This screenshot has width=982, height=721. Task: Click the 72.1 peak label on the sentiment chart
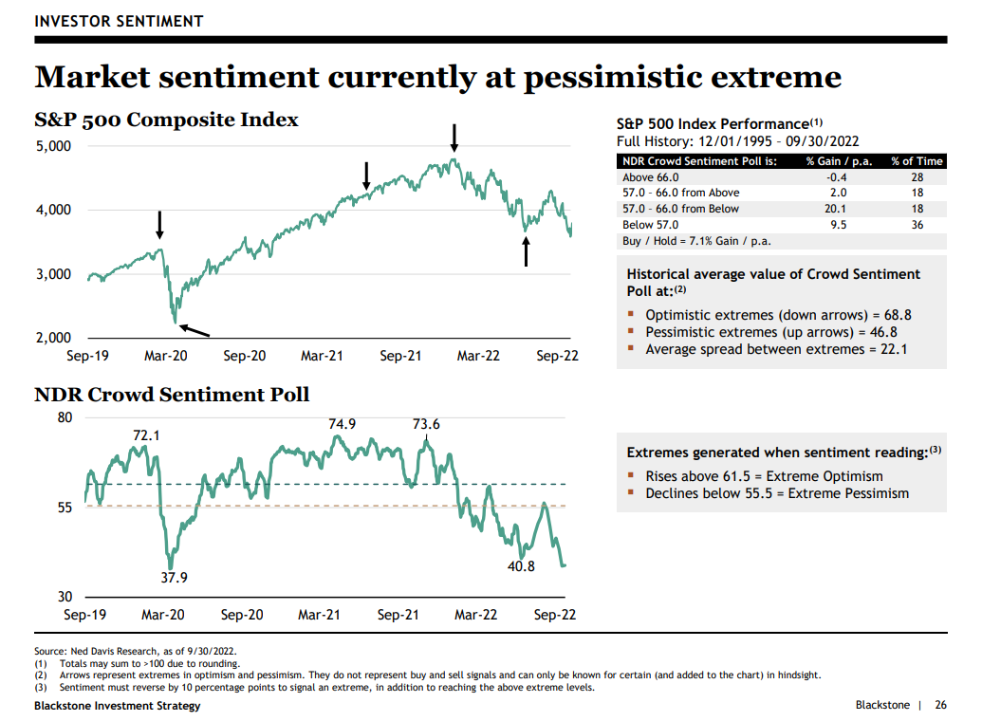coord(145,435)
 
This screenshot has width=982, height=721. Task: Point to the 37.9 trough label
coord(173,577)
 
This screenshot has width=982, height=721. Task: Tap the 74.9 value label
coord(342,424)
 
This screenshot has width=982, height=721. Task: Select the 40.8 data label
coord(520,566)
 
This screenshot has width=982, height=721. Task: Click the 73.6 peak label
coord(426,424)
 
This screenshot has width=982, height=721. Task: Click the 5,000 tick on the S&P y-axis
coord(54,146)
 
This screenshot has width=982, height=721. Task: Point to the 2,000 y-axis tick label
coord(54,338)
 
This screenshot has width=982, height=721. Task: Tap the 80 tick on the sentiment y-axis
coord(65,417)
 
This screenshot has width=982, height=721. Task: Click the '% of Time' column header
coord(916,161)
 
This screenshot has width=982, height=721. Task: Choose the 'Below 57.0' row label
coord(650,225)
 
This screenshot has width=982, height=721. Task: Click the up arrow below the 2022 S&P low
coord(527,251)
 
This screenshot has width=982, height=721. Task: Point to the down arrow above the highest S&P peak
coord(454,138)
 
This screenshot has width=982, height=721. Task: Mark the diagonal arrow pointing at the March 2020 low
coord(194,329)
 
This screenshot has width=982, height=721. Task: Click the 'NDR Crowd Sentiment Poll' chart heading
coord(172,394)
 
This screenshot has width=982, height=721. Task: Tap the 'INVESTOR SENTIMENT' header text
coord(118,21)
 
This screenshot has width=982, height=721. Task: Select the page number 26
coord(940,705)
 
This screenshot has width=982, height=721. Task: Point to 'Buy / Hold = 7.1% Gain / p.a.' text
coord(695,241)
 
